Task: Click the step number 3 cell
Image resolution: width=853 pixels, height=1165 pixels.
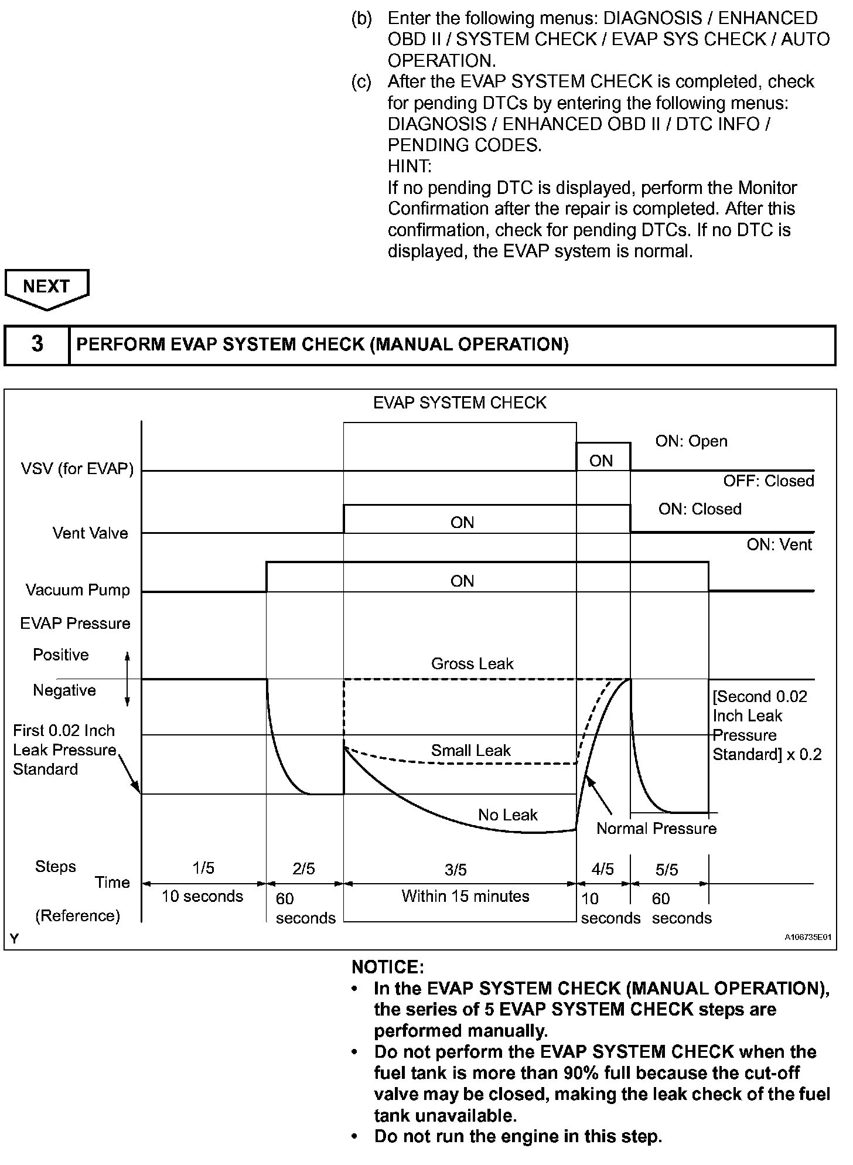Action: [37, 344]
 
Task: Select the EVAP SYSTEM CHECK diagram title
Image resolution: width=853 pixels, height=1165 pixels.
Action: [460, 403]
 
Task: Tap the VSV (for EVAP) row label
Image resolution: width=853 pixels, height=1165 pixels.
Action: [77, 469]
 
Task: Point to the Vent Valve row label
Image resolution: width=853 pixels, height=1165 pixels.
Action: [90, 533]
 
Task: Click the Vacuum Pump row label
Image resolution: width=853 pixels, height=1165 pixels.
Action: [78, 590]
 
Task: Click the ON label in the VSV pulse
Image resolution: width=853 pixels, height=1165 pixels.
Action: [601, 461]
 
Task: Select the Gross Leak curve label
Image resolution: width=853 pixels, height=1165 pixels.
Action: [472, 663]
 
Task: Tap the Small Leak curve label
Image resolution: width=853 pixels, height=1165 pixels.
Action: [471, 750]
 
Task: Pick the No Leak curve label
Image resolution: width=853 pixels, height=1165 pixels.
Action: [508, 815]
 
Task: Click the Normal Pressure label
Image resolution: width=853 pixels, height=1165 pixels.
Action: [657, 828]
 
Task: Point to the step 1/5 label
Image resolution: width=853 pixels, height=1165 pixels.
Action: [203, 868]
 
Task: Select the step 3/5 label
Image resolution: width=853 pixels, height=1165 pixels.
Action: [456, 870]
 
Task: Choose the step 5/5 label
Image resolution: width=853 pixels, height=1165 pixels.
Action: [667, 870]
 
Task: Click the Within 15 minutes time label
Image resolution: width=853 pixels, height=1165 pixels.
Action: [465, 896]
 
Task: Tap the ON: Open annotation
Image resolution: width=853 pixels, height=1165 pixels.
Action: [691, 441]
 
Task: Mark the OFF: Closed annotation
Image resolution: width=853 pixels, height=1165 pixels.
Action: [769, 481]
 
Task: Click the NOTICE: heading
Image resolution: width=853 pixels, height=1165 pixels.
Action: [388, 967]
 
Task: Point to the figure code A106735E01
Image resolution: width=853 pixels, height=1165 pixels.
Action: [808, 937]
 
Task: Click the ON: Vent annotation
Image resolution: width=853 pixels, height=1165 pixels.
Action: [779, 544]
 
